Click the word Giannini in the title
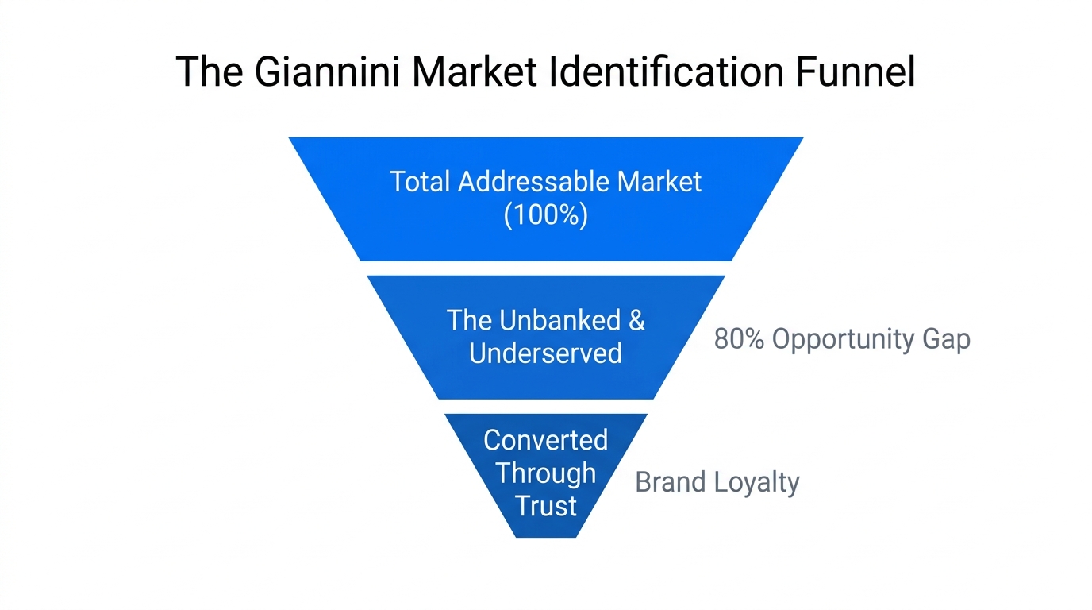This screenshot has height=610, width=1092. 327,71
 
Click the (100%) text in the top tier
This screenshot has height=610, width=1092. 546,214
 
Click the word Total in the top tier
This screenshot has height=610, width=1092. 420,182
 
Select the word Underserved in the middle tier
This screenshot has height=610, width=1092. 545,353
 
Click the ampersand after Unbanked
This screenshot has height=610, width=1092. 636,320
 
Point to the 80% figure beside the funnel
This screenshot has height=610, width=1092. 739,339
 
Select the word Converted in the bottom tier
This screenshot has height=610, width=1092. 546,440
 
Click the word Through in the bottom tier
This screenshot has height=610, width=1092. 546,473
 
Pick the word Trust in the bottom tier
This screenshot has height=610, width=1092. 546,506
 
